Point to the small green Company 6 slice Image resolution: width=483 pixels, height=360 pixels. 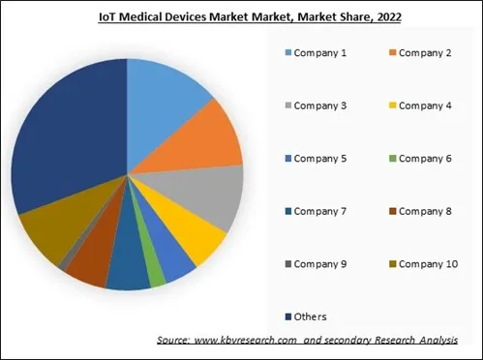(157, 277)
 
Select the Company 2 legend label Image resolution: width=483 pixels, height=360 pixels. (427, 52)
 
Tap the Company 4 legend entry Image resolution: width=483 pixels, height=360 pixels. (427, 105)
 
